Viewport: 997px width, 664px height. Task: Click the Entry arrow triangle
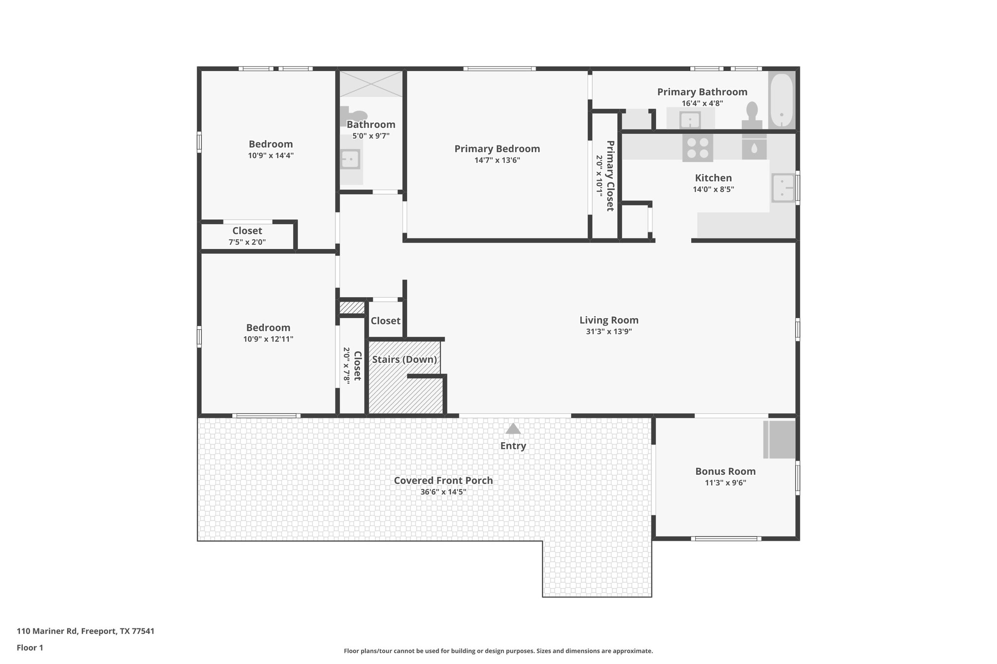513,429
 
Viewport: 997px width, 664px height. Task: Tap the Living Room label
609,320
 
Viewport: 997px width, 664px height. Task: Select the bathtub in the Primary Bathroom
781,100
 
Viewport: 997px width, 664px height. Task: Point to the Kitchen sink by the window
782,188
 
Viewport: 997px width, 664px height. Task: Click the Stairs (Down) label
404,359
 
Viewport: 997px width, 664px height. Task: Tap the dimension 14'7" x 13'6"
497,160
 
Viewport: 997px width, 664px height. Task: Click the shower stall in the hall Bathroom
371,84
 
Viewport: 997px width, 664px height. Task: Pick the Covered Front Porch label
443,481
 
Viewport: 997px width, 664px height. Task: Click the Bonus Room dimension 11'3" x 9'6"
725,483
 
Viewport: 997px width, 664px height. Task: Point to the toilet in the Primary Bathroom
752,115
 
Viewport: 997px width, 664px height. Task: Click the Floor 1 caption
30,647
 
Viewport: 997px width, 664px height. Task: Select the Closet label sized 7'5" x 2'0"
247,231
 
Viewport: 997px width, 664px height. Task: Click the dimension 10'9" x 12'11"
268,339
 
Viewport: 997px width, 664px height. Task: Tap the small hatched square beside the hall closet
351,308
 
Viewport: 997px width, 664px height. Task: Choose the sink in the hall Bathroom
350,159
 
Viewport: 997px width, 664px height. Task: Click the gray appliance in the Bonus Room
779,439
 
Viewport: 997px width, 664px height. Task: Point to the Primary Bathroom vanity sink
690,120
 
